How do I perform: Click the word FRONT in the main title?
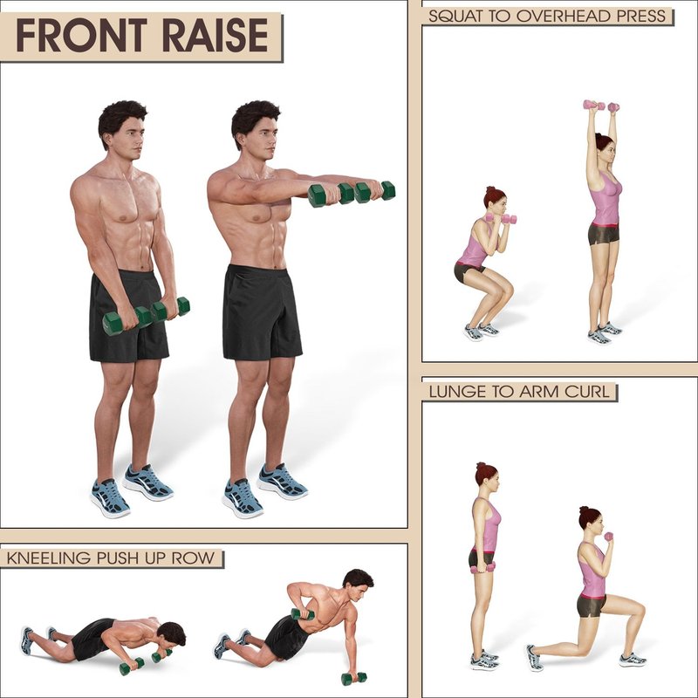click(81, 35)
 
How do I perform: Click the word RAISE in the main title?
click(216, 35)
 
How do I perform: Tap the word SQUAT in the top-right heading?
click(455, 16)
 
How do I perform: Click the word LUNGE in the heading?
click(457, 392)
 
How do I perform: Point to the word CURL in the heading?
click(586, 392)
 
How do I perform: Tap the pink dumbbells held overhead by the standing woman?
click(601, 106)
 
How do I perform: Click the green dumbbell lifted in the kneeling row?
click(303, 615)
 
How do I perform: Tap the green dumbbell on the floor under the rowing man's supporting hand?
click(354, 678)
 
